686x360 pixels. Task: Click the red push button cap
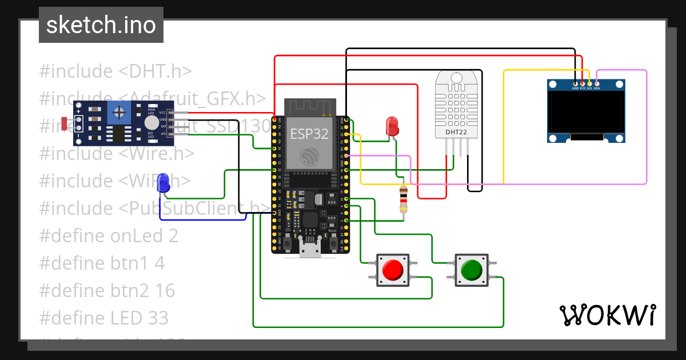click(x=393, y=269)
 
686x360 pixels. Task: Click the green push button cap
click(x=471, y=269)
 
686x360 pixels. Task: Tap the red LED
click(x=392, y=126)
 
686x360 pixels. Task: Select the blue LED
click(x=163, y=183)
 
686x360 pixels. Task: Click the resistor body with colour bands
click(x=404, y=198)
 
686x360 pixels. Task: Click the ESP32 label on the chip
click(x=308, y=134)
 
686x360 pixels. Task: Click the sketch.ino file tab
click(x=101, y=25)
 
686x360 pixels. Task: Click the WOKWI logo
click(x=607, y=315)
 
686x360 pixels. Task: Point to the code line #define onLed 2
click(x=109, y=235)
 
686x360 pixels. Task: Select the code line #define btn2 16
click(x=107, y=290)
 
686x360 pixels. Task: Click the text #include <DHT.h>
click(x=115, y=71)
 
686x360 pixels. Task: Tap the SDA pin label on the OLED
click(x=597, y=89)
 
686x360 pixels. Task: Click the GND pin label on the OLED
click(x=575, y=89)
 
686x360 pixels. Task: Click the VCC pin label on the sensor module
click(x=162, y=113)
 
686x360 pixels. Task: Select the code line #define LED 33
click(x=104, y=318)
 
